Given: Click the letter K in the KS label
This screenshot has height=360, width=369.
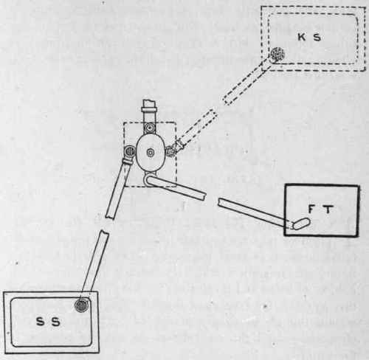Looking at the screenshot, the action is (302, 37).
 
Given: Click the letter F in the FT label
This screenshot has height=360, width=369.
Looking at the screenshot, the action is (311, 210).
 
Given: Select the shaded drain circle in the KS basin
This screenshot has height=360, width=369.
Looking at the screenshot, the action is (277, 54).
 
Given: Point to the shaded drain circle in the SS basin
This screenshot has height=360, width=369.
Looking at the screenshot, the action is (82, 305).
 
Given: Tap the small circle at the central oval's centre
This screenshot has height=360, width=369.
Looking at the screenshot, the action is (150, 153).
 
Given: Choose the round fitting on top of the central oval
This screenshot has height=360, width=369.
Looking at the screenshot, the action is (150, 128).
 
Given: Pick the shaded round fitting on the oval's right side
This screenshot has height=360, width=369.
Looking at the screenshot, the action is (170, 150).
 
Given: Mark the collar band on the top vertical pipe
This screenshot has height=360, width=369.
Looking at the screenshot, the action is (149, 109).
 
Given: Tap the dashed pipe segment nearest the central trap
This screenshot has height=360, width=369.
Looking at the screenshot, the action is (196, 129).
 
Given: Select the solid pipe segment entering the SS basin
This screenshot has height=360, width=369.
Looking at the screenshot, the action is (94, 263).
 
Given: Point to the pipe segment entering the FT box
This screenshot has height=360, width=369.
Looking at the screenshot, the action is (253, 212).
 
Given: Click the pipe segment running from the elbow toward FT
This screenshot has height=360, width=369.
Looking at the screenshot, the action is (177, 187).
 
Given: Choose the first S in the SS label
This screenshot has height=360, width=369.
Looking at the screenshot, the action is (41, 322).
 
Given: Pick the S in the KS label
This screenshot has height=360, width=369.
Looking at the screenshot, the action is (316, 37).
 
